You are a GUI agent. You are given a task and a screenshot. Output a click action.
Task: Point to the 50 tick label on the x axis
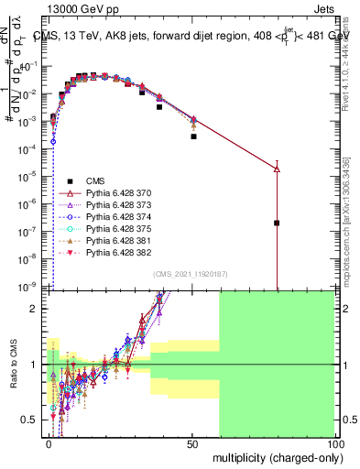(192, 442)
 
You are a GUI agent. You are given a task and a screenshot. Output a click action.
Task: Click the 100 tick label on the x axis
(333, 442)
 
